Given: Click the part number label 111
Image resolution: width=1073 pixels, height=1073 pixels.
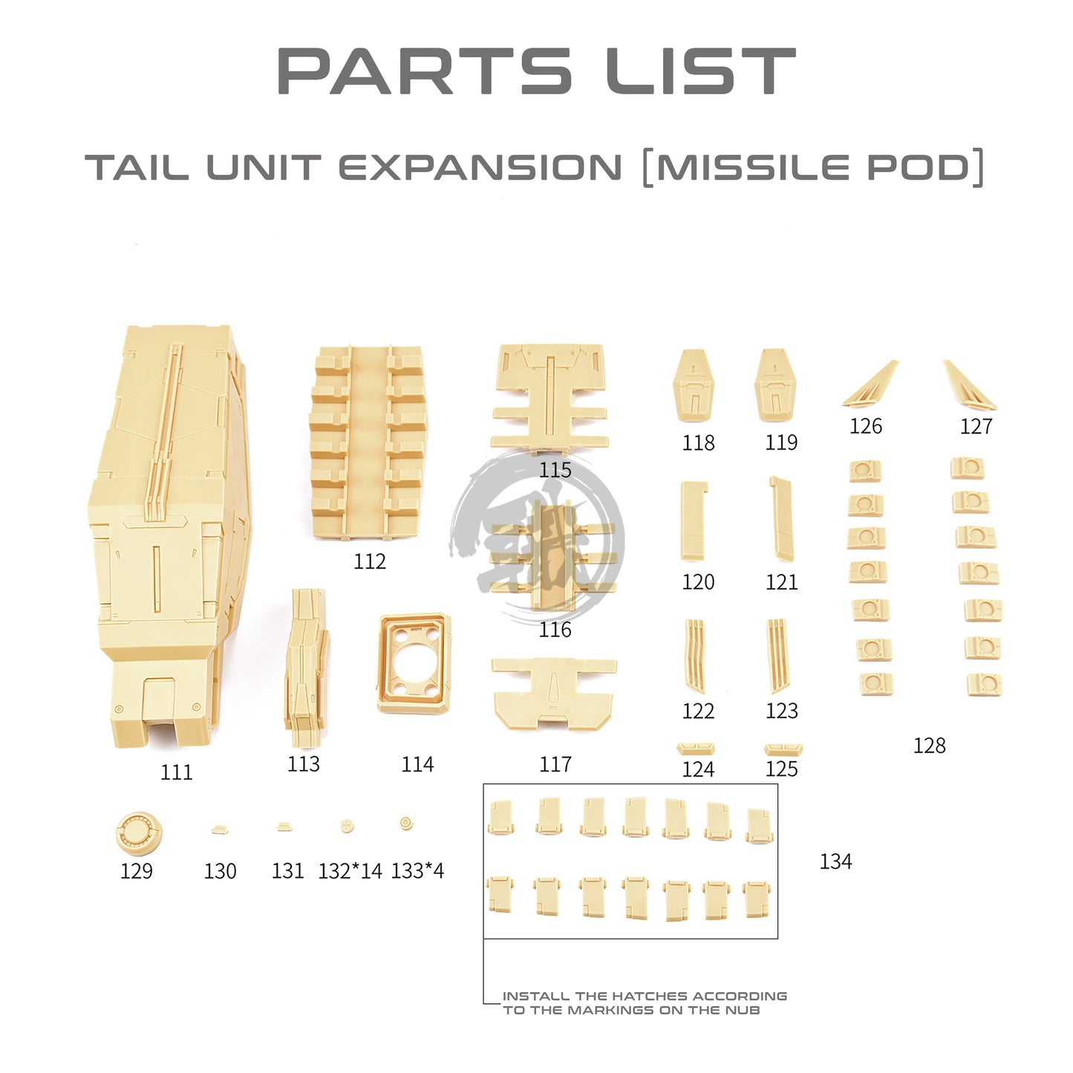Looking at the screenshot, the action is pyautogui.click(x=177, y=772).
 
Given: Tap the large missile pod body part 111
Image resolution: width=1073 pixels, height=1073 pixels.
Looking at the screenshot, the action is pyautogui.click(x=170, y=535).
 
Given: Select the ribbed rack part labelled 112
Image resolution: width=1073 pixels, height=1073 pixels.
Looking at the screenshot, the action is pyautogui.click(x=368, y=441).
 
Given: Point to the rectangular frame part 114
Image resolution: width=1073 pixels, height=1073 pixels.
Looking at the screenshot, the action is pyautogui.click(x=414, y=663).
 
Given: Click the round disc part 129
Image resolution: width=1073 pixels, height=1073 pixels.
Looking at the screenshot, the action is pyautogui.click(x=139, y=833).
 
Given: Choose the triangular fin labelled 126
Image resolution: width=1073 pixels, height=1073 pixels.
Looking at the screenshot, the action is pyautogui.click(x=870, y=383).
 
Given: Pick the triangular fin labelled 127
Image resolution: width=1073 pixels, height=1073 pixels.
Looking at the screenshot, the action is pyautogui.click(x=970, y=385).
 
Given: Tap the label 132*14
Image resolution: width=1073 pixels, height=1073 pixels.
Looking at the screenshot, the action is pyautogui.click(x=350, y=871).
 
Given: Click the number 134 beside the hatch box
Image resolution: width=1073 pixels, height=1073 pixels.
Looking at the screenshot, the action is pyautogui.click(x=836, y=861).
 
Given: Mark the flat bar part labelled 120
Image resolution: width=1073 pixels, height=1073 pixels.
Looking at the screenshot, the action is pyautogui.click(x=694, y=521).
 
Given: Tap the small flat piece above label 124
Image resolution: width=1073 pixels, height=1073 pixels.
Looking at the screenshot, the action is pyautogui.click(x=696, y=748).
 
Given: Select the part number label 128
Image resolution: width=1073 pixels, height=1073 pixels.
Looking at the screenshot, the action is pyautogui.click(x=930, y=746).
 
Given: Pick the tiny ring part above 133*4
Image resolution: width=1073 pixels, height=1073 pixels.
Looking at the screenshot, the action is pyautogui.click(x=406, y=823).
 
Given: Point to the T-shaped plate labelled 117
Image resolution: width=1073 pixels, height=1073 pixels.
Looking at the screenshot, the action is pyautogui.click(x=555, y=694).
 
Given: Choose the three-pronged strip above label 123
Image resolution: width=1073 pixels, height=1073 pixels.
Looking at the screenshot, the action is pyautogui.click(x=777, y=656).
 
